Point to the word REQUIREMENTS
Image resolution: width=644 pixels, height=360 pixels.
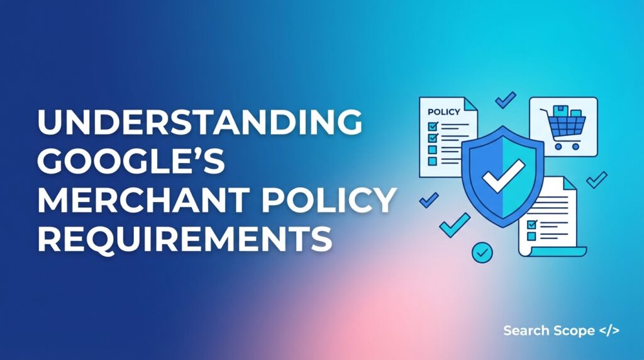[x=184, y=239]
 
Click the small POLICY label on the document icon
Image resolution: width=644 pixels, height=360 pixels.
[x=443, y=111]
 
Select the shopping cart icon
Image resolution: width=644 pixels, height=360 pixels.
[x=563, y=128]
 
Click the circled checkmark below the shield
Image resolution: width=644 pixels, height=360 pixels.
[x=482, y=252]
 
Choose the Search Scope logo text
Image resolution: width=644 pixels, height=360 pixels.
[x=548, y=330]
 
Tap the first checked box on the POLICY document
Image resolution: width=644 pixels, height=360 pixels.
[x=432, y=125]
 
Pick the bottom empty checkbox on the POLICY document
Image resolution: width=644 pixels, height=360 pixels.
[x=432, y=160]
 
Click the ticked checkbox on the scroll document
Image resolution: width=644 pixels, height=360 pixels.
[x=531, y=224]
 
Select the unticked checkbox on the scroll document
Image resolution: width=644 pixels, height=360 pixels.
[x=531, y=235]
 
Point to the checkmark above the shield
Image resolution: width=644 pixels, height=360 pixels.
[x=505, y=99]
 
